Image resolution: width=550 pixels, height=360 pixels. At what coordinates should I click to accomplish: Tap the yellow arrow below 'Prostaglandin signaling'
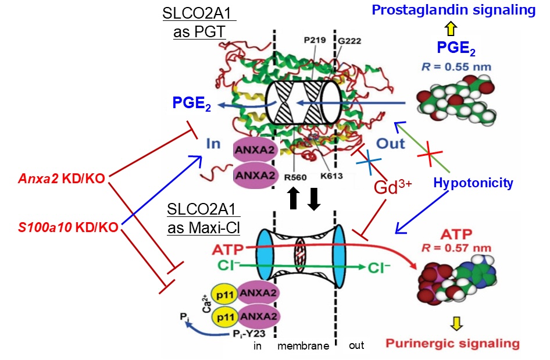(x=452, y=28)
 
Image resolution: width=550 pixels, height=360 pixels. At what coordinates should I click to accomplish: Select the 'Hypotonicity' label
(x=473, y=184)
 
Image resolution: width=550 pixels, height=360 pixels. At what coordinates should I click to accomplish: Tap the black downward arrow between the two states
(x=314, y=199)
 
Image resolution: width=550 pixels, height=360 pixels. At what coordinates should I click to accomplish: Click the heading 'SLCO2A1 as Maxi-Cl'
(x=191, y=217)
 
